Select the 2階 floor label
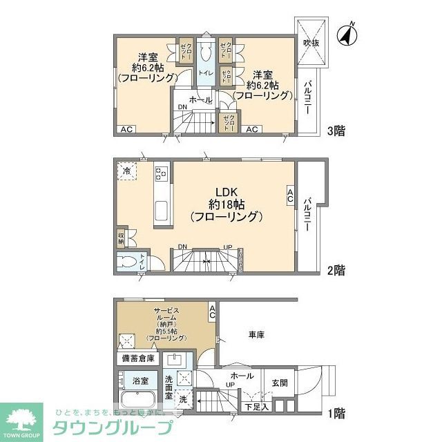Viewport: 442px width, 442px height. pos(335,270)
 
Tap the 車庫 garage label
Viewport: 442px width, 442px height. pos(257,335)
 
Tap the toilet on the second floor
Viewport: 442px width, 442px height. pos(127,262)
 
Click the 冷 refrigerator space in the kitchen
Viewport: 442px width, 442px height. pos(127,170)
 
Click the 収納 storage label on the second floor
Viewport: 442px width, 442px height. pos(120,238)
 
